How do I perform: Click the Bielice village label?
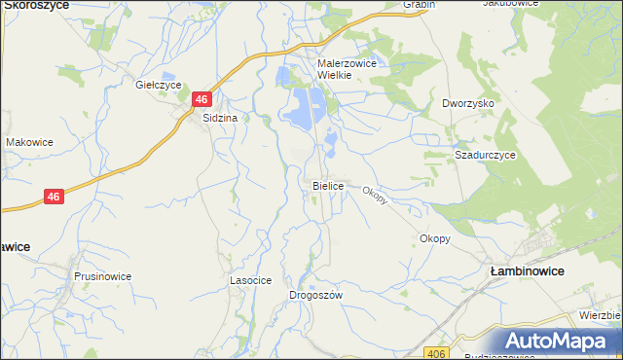327,185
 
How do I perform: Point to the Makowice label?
29,142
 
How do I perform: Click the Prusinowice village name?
102,276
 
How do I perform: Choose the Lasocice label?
249,279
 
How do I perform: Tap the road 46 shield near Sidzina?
202,99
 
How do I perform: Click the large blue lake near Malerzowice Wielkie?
306,106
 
